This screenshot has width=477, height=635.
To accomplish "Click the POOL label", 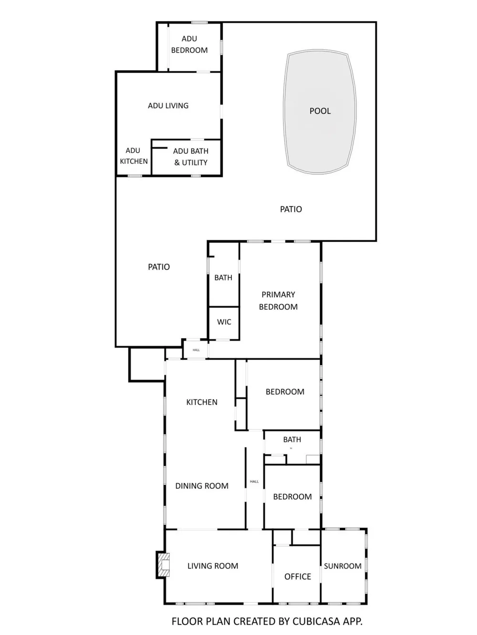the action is coord(320,111).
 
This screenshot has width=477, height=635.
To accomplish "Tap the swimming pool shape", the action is coord(320,111).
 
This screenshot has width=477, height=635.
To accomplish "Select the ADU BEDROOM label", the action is coord(189,44).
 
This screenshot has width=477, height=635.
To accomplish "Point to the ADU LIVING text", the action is coord(168,106).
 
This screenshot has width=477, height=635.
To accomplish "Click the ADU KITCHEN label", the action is coord(134,156).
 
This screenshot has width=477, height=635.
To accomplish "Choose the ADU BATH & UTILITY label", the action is coord(191,157).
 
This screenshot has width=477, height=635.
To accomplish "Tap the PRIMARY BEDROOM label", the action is coord(278,301).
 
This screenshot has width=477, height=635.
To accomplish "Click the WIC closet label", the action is coord(224,322).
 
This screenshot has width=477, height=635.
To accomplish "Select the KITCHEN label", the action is coord(202,402).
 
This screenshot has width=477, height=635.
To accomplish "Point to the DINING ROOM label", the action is coord(202,486).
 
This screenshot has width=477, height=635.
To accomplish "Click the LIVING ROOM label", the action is coord(213,566).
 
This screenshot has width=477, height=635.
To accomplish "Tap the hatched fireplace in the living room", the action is coord(163,565).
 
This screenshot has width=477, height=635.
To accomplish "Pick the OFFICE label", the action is coord(298,577).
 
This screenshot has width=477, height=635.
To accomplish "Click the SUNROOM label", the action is coord(342,566).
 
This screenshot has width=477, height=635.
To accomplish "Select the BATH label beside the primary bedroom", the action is coord(223,278).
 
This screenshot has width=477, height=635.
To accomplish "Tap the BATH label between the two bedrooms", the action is coord(292,440).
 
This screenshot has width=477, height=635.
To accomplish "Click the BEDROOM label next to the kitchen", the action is coord(285,392).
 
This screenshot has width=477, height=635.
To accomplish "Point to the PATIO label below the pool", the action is coord(291,209).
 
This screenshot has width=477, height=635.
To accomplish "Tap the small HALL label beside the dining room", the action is coord(254,481).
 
